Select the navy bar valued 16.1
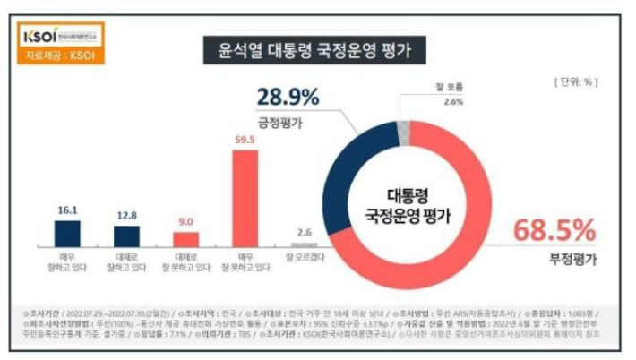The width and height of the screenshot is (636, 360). [x=68, y=232]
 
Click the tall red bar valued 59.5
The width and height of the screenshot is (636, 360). [x=245, y=197]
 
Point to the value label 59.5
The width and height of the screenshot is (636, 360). [x=245, y=141]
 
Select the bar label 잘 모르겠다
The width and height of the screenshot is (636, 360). [x=304, y=258]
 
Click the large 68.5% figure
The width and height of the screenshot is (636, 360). [x=554, y=231]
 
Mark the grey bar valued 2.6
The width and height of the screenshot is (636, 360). [x=304, y=244]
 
